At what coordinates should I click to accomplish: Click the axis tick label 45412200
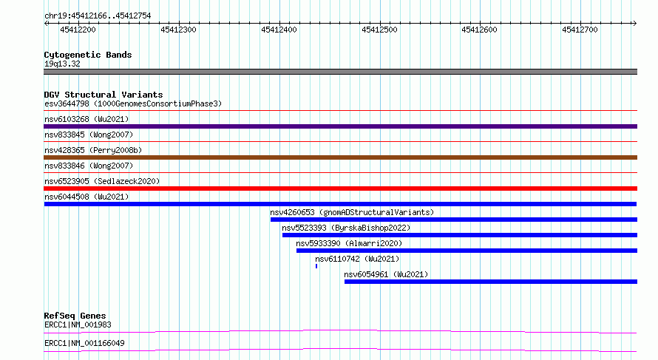(78, 30)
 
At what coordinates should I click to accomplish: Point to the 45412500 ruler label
(379, 30)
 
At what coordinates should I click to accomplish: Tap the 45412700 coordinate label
(580, 30)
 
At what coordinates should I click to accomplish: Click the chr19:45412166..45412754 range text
(98, 16)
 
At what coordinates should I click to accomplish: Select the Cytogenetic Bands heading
(88, 55)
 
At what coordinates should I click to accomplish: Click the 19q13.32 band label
(62, 64)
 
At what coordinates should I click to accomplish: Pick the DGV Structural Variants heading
(104, 95)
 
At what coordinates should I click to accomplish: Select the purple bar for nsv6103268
(340, 126)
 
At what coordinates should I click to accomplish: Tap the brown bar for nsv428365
(340, 157)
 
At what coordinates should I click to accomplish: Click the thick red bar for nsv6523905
(340, 189)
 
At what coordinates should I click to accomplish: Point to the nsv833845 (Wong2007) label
(89, 135)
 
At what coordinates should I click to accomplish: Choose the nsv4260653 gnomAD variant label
(352, 212)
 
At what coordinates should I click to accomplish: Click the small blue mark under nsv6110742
(316, 266)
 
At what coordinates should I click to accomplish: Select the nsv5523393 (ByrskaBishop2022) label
(346, 228)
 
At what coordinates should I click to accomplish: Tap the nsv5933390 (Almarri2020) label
(349, 243)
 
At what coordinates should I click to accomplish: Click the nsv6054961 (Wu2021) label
(386, 274)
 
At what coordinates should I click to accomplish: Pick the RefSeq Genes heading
(75, 316)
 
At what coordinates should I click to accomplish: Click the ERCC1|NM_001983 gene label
(78, 325)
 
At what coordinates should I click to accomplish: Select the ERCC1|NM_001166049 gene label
(84, 343)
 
